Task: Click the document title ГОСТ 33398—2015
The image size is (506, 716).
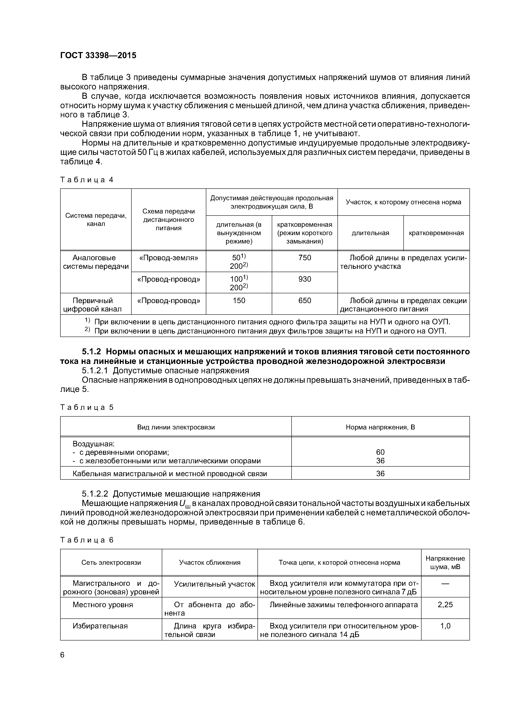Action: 98,56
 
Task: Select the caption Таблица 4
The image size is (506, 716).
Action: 87,180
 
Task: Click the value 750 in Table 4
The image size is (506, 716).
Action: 305,258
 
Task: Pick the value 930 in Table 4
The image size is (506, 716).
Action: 305,279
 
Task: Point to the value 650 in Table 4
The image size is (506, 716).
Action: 305,300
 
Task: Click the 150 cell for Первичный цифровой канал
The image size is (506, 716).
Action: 239,300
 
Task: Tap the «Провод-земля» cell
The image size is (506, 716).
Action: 168,258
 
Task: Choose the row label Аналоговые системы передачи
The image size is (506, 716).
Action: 96,262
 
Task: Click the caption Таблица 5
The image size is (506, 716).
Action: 87,407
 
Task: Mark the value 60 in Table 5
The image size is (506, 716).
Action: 380,452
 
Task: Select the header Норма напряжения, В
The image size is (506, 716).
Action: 380,427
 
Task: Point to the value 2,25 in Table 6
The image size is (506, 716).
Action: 445,605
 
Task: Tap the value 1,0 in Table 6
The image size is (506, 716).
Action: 445,626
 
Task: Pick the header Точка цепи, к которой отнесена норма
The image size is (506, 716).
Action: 339,563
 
